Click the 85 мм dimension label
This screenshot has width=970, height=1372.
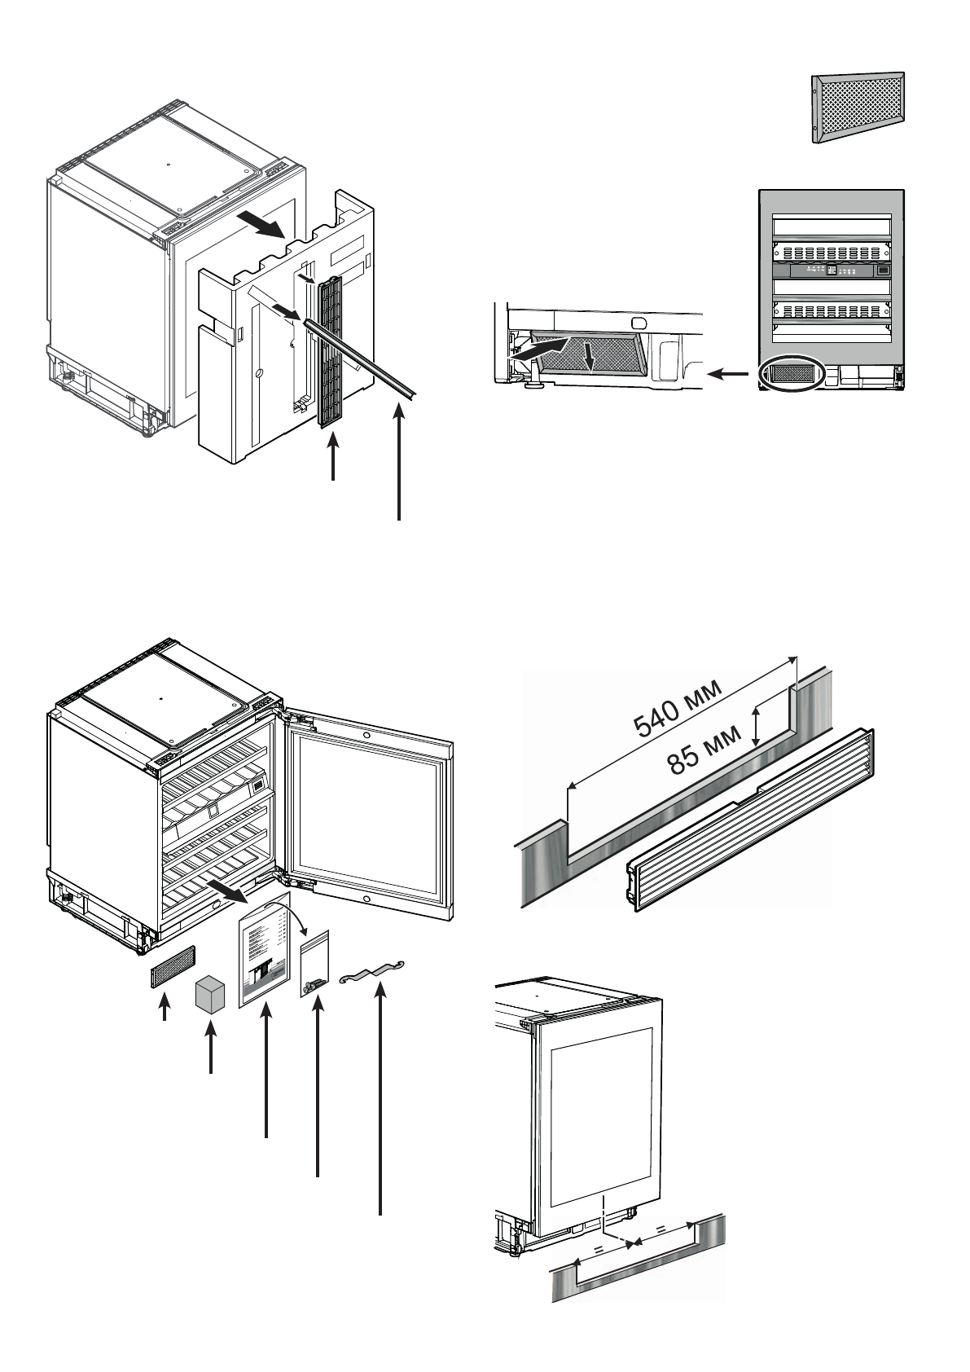coord(704,750)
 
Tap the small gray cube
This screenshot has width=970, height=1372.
coord(211,996)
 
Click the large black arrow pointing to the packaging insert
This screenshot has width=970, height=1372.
coord(268,226)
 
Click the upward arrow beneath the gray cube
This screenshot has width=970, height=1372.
coord(211,1051)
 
